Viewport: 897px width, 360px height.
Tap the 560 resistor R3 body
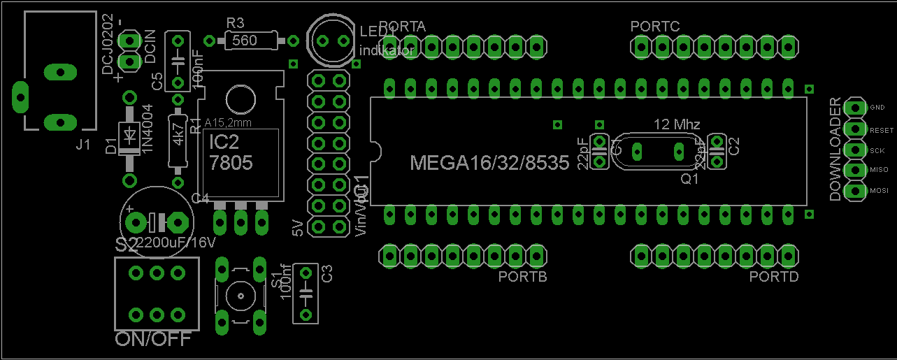244,41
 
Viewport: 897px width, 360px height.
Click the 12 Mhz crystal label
677,124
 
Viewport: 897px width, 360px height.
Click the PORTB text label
522,277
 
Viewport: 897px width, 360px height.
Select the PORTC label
654,27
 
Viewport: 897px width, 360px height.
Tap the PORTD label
774,277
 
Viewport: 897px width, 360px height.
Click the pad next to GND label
854,108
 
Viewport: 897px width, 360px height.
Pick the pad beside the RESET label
854,129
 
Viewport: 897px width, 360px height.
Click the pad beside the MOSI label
854,191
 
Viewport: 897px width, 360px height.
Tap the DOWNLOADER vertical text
835,149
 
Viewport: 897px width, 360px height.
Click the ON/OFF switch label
152,340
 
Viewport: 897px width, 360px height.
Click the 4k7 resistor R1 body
178,140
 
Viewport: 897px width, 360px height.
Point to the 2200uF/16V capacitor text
175,243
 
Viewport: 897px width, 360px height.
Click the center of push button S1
241,296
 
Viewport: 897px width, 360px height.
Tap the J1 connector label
83,145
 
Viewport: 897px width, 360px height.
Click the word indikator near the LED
387,50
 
